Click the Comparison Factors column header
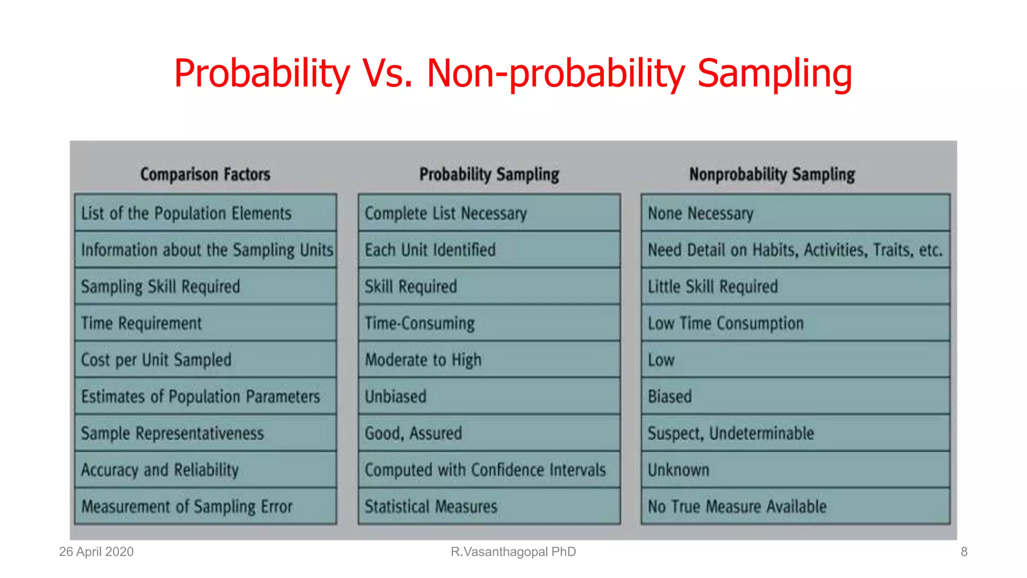click(205, 174)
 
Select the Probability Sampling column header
click(489, 174)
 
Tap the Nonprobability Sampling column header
click(772, 174)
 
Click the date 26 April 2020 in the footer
click(96, 552)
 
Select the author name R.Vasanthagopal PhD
click(513, 552)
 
